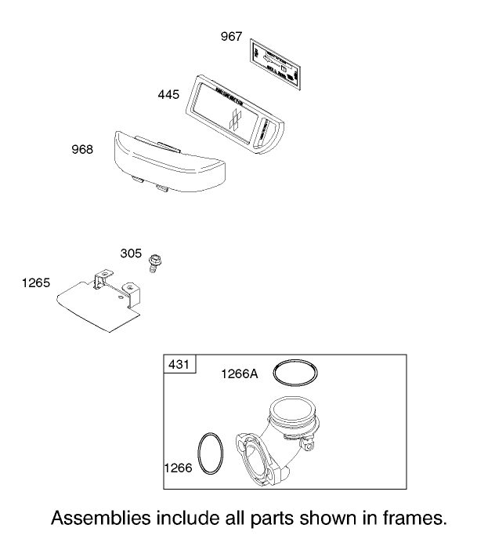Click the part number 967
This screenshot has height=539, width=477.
pyautogui.click(x=231, y=37)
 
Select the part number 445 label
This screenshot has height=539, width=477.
pyautogui.click(x=168, y=94)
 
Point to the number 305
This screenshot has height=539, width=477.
pyautogui.click(x=131, y=253)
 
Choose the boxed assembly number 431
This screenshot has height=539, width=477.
pyautogui.click(x=180, y=365)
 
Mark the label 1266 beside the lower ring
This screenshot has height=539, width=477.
pyautogui.click(x=177, y=468)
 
